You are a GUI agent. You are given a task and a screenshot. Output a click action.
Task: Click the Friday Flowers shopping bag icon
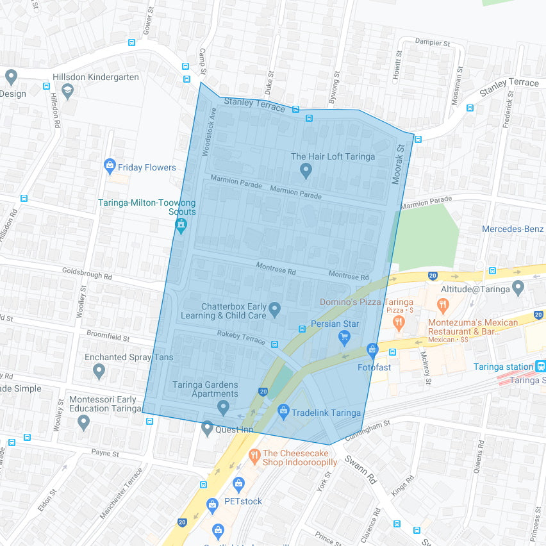pos(110,167)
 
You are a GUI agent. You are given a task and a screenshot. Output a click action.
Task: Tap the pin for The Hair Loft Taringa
pos(306,170)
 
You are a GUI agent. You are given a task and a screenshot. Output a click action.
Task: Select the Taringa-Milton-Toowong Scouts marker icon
pos(181,226)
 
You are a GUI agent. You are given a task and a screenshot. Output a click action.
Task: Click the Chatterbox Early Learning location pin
pos(275,310)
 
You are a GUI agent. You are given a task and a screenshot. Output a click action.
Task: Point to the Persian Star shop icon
pos(344,337)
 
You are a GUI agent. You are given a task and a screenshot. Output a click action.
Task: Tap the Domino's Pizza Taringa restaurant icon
pos(399,322)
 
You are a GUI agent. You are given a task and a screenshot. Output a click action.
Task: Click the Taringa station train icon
pos(541,367)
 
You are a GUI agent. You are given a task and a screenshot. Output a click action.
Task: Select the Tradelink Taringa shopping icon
pos(283,410)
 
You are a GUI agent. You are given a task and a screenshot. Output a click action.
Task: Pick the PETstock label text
pos(243,501)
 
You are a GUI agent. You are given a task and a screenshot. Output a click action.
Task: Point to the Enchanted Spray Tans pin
pos(99,370)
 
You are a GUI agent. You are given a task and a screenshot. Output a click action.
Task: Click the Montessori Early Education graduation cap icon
pos(83,422)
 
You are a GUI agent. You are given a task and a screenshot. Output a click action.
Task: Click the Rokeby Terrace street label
pos(241,336)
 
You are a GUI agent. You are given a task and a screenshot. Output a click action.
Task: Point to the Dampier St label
pos(433,43)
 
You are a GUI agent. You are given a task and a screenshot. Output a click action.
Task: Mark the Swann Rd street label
pos(360,469)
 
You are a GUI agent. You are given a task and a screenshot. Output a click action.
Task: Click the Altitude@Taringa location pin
pos(518,288)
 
